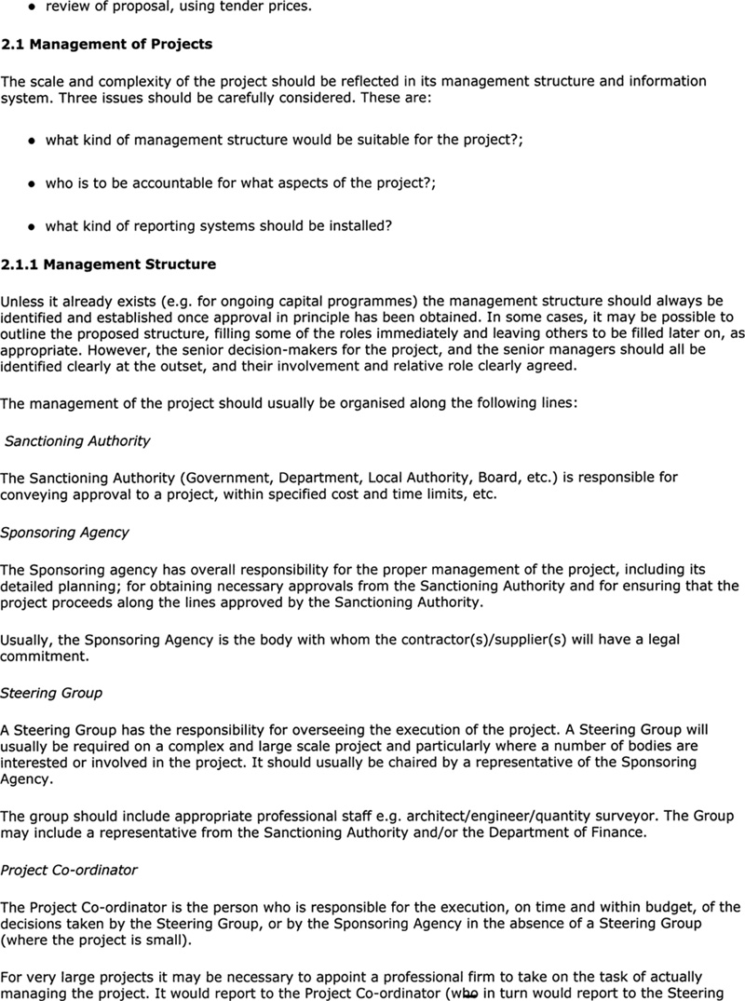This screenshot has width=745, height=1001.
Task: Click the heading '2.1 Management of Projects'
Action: pyautogui.click(x=106, y=44)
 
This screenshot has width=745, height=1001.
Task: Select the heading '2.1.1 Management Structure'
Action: pyautogui.click(x=108, y=264)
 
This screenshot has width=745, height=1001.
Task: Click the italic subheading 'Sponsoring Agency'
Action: pyautogui.click(x=64, y=533)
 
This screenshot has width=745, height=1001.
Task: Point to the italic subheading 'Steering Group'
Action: pyautogui.click(x=51, y=693)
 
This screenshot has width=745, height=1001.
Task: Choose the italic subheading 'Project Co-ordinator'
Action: pyautogui.click(x=69, y=870)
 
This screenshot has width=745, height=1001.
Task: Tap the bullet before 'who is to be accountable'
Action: pyautogui.click(x=32, y=184)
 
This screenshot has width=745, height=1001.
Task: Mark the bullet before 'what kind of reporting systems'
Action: pyautogui.click(x=32, y=227)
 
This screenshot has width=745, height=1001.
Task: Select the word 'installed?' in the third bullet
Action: pyautogui.click(x=358, y=226)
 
